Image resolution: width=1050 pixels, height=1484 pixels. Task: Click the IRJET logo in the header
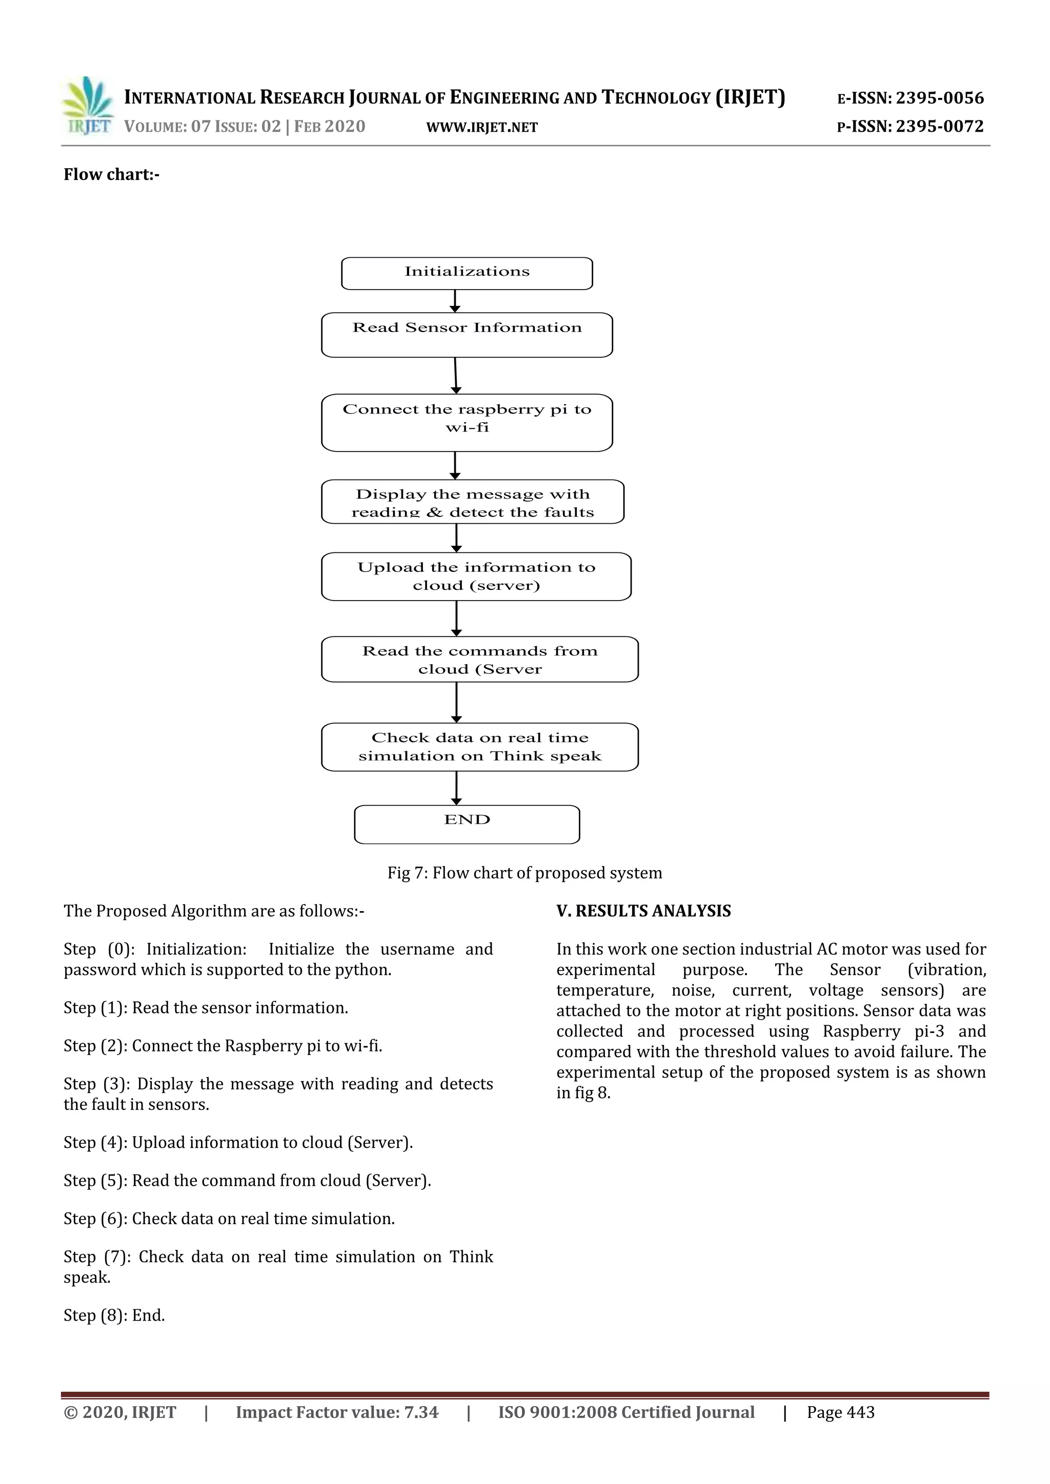click(88, 106)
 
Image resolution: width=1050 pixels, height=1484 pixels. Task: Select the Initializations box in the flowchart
click(467, 274)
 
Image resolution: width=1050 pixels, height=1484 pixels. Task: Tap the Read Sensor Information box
click(467, 335)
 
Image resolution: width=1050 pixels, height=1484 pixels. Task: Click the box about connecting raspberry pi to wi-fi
click(467, 422)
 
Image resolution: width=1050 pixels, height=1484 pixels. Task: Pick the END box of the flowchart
click(467, 824)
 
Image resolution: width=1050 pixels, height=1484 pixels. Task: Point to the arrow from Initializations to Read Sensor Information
click(455, 301)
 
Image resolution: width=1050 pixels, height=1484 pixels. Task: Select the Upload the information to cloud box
click(476, 576)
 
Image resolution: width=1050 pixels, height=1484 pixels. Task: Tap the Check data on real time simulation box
click(480, 747)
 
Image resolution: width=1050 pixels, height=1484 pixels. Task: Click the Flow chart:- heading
click(111, 175)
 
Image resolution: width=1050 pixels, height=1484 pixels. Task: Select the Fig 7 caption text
click(524, 873)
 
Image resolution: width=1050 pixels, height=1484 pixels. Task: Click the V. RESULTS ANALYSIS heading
click(643, 911)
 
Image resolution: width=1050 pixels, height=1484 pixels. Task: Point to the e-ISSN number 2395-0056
click(939, 98)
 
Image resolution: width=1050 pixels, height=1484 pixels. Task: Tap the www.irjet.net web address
click(482, 127)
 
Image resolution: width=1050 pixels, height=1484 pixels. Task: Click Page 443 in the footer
click(840, 1413)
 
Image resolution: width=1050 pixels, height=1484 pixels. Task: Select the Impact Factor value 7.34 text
click(337, 1413)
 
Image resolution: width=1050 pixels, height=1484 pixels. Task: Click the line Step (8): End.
click(114, 1316)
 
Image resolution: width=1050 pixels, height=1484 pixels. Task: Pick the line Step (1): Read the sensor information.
click(206, 1008)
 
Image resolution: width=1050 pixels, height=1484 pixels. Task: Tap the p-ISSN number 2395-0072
click(939, 127)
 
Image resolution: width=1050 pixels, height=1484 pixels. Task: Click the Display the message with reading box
click(473, 502)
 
